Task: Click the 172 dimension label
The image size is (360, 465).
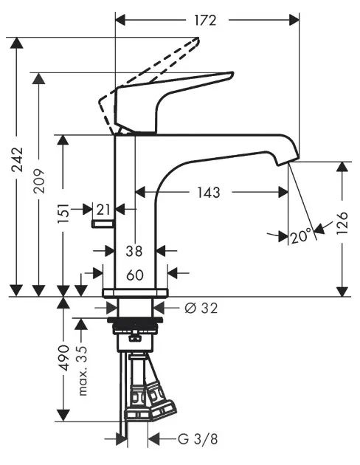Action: [x=205, y=20]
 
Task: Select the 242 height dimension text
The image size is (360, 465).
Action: [x=17, y=159]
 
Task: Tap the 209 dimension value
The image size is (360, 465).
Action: [x=39, y=181]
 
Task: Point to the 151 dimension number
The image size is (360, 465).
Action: [x=63, y=213]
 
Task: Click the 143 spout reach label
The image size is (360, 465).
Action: [x=209, y=193]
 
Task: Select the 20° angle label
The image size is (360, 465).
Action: [x=301, y=237]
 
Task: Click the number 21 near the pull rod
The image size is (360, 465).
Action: [x=103, y=210]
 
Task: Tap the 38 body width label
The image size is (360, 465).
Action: [x=134, y=251]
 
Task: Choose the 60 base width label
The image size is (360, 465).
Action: [x=135, y=275]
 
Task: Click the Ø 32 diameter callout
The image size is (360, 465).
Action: [x=201, y=308]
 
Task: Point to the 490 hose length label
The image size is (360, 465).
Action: [x=63, y=358]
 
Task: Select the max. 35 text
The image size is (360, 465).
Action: [x=83, y=371]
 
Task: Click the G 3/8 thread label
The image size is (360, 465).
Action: [x=198, y=439]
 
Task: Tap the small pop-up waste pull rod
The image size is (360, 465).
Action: [x=103, y=224]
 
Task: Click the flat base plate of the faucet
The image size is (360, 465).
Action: [x=135, y=293]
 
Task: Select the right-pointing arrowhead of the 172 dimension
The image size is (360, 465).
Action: [x=294, y=20]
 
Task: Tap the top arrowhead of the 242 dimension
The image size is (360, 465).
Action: [x=16, y=43]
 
